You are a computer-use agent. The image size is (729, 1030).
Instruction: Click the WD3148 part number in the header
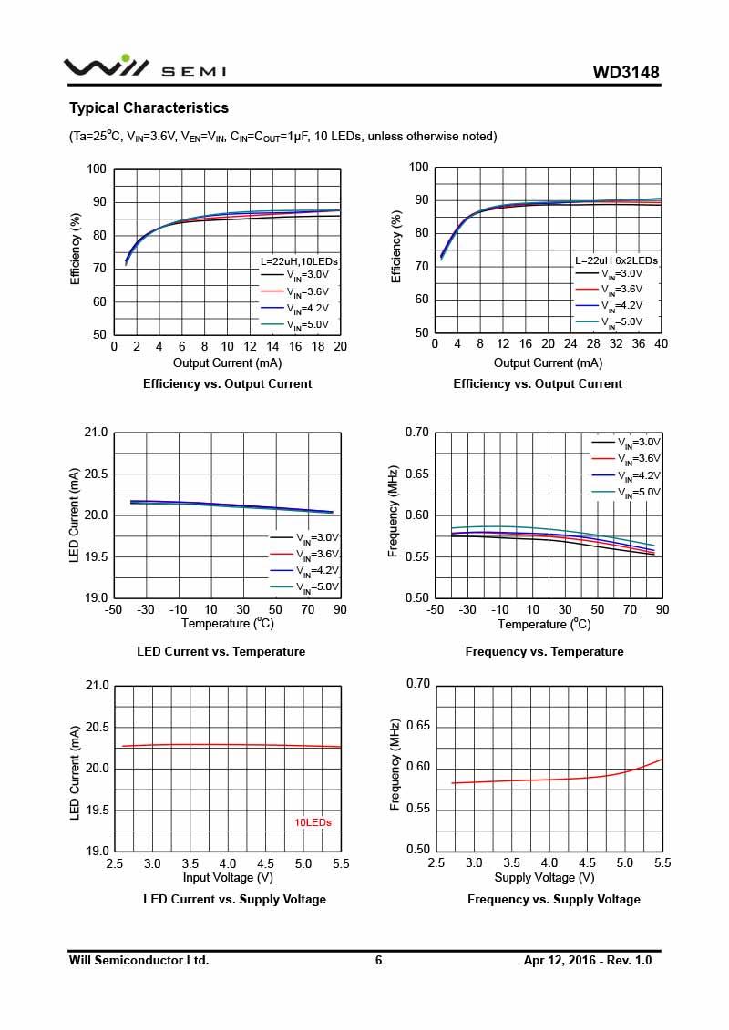point(625,72)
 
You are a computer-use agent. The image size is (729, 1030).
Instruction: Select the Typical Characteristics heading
point(149,107)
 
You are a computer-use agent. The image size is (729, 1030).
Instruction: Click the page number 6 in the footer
point(378,960)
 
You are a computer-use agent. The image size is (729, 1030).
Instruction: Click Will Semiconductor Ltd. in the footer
point(139,960)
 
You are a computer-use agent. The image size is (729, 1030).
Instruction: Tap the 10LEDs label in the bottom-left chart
point(313,822)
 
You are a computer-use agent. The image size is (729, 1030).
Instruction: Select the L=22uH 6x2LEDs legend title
point(616,260)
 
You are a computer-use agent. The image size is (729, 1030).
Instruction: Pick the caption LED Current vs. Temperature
point(221,651)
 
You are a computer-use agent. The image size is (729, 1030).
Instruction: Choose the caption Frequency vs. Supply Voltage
point(553,899)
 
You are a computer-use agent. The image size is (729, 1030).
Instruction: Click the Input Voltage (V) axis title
point(228,877)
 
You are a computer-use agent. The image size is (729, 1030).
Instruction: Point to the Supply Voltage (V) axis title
point(544,877)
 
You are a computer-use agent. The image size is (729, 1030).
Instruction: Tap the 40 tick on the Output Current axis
point(661,343)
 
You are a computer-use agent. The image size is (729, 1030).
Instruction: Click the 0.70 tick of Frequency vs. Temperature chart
point(417,432)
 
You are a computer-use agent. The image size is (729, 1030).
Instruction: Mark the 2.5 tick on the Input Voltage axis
point(115,862)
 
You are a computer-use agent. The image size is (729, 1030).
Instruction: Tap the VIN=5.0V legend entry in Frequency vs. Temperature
point(628,493)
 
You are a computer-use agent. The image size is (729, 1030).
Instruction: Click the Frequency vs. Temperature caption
point(544,651)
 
